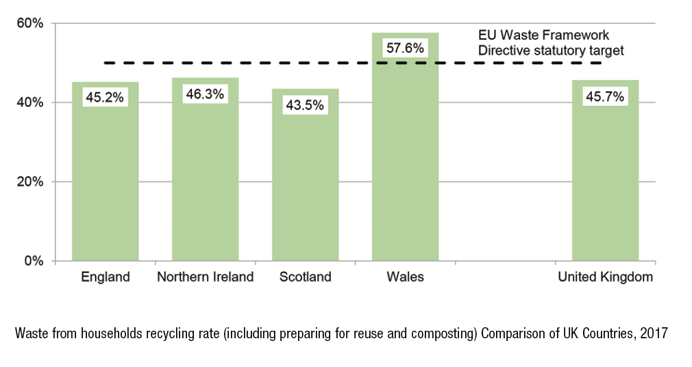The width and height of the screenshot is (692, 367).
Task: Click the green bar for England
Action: (x=106, y=185)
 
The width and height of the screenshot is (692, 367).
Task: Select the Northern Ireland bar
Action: (x=206, y=185)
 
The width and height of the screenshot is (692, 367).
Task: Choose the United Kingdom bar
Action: (x=606, y=185)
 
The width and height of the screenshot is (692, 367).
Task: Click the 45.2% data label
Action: (x=105, y=97)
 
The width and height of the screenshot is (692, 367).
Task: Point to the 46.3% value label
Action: (x=205, y=94)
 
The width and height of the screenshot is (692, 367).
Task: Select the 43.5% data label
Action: (x=306, y=105)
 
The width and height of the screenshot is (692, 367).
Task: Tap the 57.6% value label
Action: (x=405, y=49)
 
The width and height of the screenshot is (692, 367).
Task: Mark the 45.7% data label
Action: (x=605, y=97)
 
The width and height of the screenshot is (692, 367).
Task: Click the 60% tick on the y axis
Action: (x=31, y=24)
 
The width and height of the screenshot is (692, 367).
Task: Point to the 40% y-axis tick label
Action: (x=31, y=103)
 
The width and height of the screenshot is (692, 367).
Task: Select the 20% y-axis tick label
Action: (x=31, y=182)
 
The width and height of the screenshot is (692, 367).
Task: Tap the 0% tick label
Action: (x=34, y=261)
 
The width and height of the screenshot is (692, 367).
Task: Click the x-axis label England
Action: (x=106, y=277)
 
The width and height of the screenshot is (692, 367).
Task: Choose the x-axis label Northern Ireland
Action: (x=205, y=277)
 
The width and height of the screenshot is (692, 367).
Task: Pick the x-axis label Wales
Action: (x=405, y=277)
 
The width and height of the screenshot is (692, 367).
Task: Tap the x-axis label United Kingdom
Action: (x=605, y=277)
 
